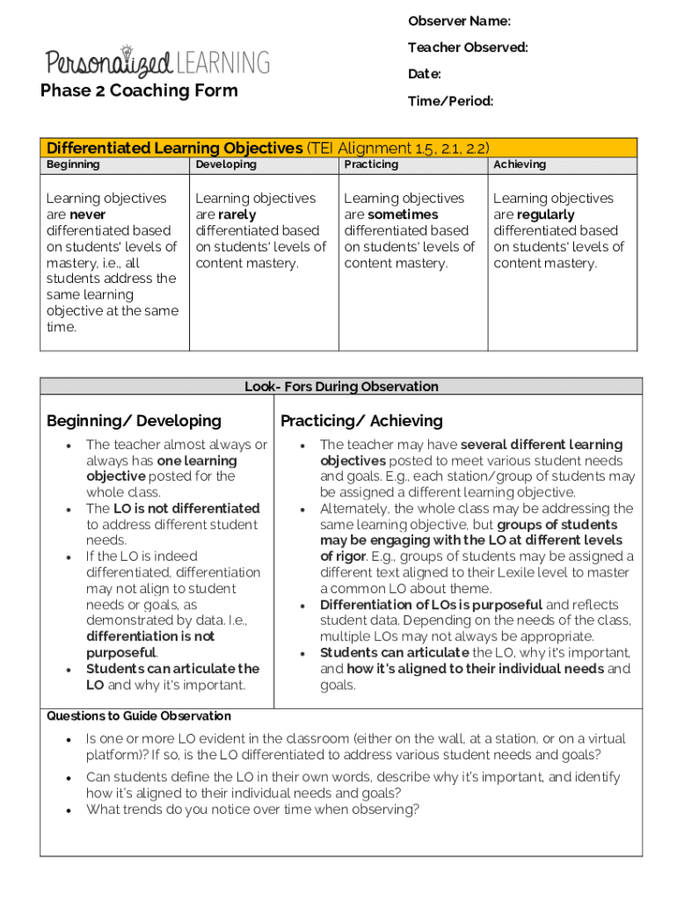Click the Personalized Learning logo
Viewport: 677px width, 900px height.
(x=158, y=62)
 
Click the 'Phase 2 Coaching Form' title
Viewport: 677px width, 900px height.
(x=139, y=91)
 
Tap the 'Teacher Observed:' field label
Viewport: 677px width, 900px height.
(x=468, y=47)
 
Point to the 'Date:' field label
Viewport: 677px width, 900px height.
(x=424, y=75)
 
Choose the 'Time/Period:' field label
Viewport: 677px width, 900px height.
(x=450, y=102)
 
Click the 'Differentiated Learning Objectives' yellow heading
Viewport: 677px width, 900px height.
(x=174, y=148)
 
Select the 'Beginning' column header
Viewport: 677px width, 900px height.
(x=73, y=164)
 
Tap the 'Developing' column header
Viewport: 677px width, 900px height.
(x=226, y=164)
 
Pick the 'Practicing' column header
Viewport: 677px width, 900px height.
(x=371, y=164)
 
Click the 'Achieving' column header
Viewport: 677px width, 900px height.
(x=520, y=164)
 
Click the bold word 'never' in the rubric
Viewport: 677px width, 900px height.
(x=87, y=214)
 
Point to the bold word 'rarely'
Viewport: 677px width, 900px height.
(x=237, y=214)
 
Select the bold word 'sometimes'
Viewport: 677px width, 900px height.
(x=404, y=214)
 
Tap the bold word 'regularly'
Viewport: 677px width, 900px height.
(x=546, y=214)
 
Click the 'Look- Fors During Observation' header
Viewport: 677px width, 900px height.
(x=341, y=387)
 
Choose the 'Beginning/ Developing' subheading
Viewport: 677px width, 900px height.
(x=134, y=421)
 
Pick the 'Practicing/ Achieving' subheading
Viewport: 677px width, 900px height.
(x=361, y=421)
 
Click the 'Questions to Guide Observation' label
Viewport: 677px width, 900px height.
(x=139, y=716)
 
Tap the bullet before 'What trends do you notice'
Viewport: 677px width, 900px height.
(x=69, y=810)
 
